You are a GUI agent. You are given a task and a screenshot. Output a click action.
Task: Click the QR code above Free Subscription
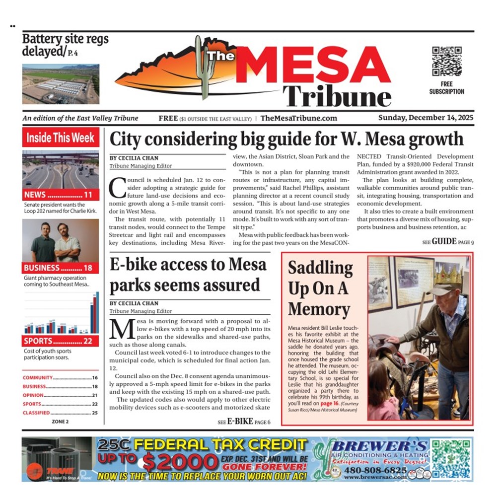(x=446, y=61)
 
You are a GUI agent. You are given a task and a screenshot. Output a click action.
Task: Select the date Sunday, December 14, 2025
(x=426, y=118)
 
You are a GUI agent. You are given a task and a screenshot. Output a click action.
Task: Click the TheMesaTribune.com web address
(x=298, y=118)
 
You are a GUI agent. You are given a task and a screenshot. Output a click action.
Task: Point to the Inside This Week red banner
(x=61, y=138)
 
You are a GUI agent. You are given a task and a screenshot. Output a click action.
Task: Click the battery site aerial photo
(x=61, y=84)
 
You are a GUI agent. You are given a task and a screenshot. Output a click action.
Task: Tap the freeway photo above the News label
(x=61, y=169)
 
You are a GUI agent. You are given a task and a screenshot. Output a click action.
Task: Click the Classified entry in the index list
(x=36, y=413)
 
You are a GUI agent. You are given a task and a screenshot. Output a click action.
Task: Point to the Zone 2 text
(x=60, y=422)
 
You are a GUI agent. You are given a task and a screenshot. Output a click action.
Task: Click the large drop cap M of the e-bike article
(x=120, y=329)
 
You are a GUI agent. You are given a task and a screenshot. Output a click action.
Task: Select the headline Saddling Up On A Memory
(x=320, y=288)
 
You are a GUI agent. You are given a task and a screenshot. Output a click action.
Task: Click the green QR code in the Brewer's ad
(x=451, y=459)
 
